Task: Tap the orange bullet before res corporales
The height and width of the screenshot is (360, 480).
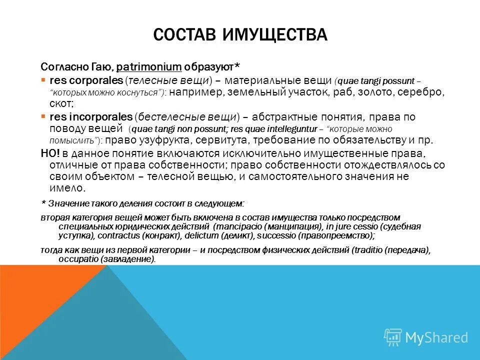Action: pos(43,80)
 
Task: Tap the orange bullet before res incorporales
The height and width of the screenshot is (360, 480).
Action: pos(43,116)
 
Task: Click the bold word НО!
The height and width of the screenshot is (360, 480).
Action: pos(49,153)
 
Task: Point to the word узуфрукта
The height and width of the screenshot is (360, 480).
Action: pos(168,140)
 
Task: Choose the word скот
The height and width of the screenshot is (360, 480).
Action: pos(60,104)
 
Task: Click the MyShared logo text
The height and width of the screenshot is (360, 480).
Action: pos(436,337)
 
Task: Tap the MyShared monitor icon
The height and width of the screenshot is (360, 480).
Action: pos(393,336)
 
